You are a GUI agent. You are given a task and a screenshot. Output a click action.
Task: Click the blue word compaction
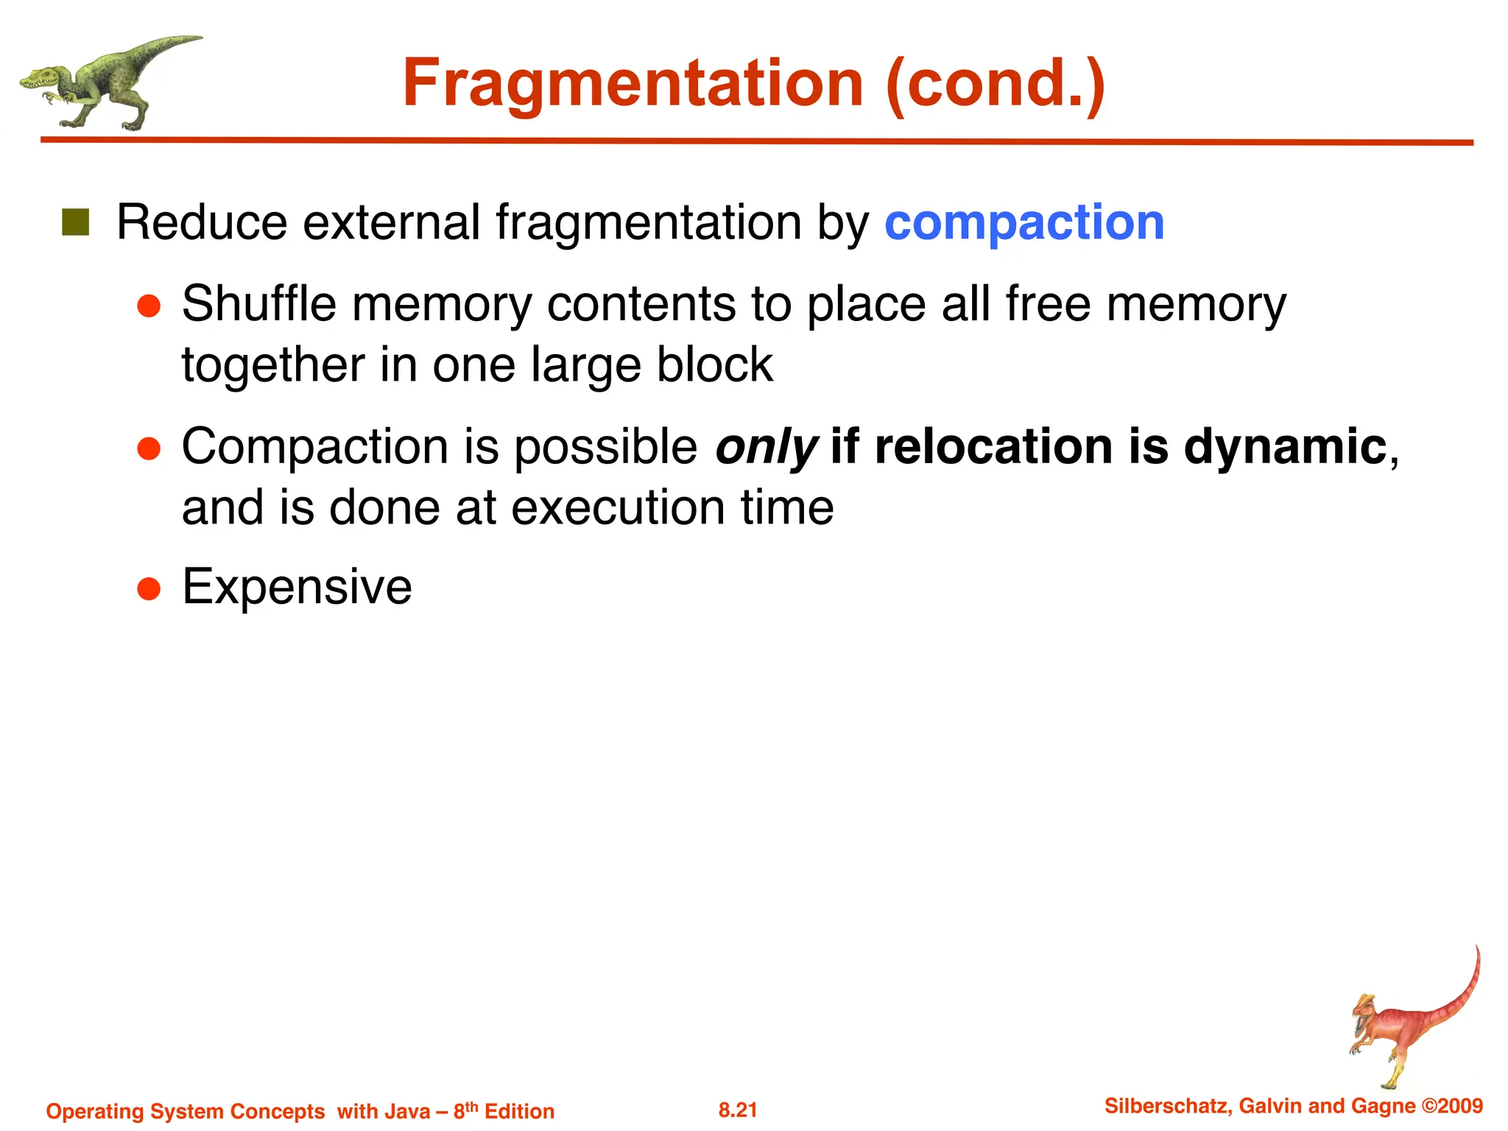[x=1023, y=222]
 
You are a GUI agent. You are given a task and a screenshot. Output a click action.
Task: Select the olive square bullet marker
[x=75, y=222]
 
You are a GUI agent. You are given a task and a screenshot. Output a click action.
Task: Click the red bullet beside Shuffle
[x=149, y=306]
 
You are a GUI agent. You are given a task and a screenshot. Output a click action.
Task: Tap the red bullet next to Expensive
[x=149, y=589]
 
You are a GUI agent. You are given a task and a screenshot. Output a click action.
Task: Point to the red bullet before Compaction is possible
[x=149, y=448]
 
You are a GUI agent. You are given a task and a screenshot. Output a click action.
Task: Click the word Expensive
[x=297, y=587]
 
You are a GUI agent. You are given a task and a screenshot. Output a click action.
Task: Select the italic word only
[x=766, y=448]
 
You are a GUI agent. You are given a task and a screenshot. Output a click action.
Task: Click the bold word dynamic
[x=1285, y=446]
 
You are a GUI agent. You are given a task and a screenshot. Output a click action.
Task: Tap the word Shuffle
[x=258, y=303]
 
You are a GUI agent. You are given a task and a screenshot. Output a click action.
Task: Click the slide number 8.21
[x=738, y=1110]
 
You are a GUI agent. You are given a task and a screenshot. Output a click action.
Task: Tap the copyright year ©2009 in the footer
[x=1451, y=1106]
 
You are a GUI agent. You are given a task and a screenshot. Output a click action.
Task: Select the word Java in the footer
[x=406, y=1111]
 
